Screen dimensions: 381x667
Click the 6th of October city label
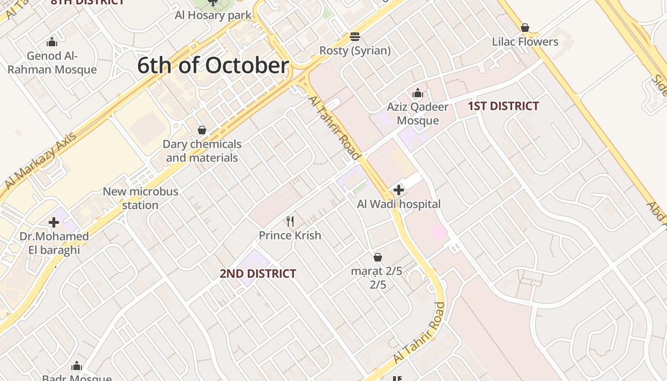click(x=213, y=65)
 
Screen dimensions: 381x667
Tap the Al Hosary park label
click(x=213, y=15)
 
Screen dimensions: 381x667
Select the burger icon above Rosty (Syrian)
click(x=354, y=37)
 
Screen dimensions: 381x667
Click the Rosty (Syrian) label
click(x=355, y=50)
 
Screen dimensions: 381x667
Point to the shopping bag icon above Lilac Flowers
click(x=525, y=28)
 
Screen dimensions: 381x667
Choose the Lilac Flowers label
click(x=525, y=42)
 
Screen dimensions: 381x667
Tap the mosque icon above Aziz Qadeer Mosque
click(x=418, y=93)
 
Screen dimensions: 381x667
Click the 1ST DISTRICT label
click(x=503, y=106)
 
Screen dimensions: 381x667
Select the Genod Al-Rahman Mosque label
click(x=52, y=63)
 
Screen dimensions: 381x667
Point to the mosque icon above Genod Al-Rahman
click(x=52, y=42)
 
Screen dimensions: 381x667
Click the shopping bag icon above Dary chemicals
click(x=202, y=130)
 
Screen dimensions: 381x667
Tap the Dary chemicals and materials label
click(x=202, y=150)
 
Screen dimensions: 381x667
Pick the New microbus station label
click(x=141, y=198)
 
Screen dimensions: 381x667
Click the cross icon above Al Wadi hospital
click(x=399, y=190)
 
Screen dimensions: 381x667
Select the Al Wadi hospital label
click(x=399, y=204)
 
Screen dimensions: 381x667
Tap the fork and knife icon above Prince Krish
click(x=290, y=221)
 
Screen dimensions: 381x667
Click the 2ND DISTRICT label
click(x=258, y=274)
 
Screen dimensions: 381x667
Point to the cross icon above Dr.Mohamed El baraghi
click(x=54, y=222)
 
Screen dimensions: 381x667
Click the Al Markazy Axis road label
click(x=40, y=160)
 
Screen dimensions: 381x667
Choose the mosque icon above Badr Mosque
click(x=77, y=366)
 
